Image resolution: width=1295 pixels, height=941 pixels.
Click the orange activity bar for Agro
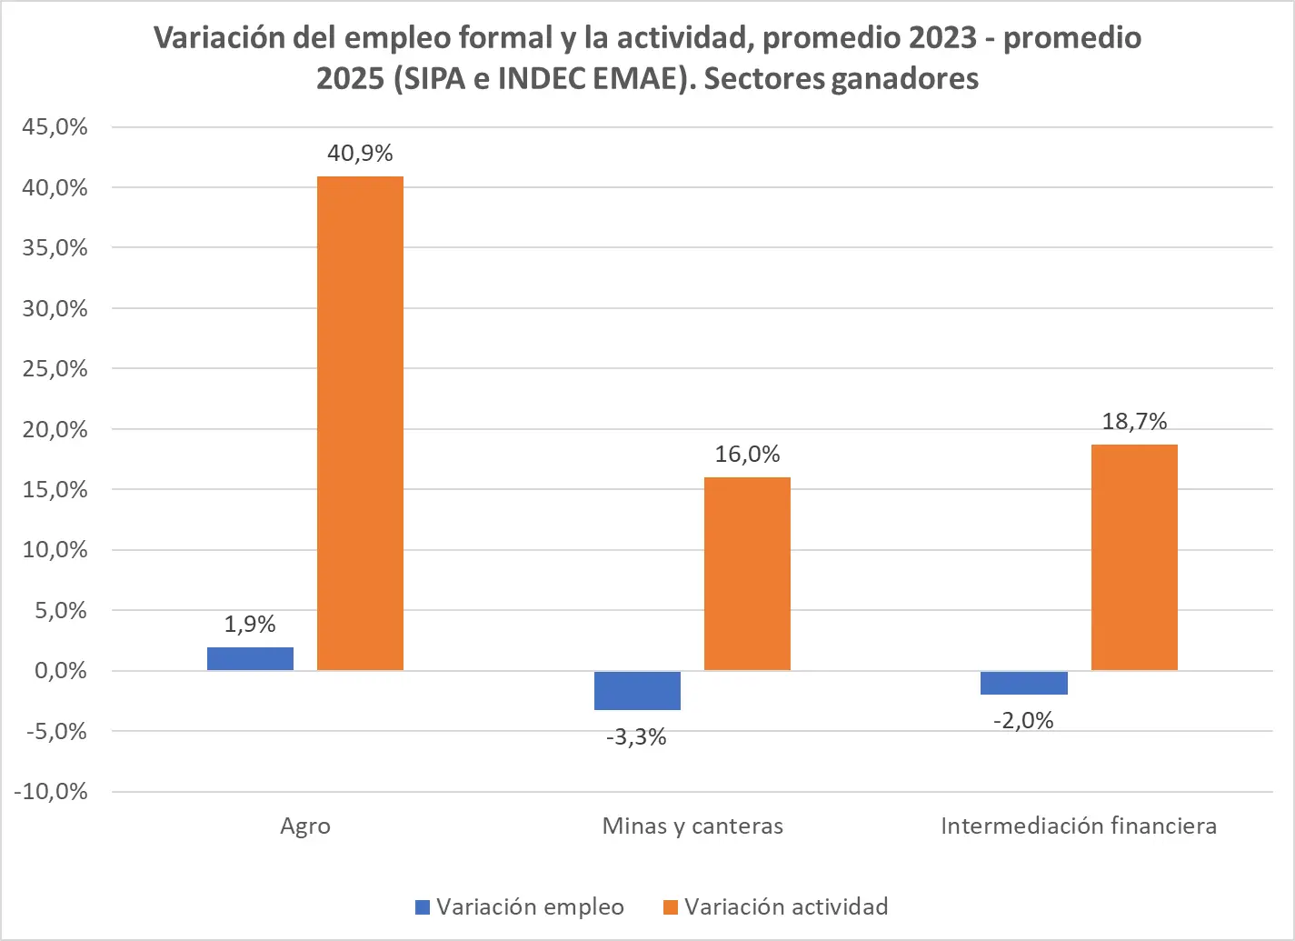coord(360,423)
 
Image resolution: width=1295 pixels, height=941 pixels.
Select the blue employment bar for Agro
coord(250,659)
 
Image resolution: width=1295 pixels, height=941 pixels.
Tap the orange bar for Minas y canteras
coord(747,574)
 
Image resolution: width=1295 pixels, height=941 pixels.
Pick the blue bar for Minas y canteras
coord(637,690)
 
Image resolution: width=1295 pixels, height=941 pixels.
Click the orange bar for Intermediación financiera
coord(1134,557)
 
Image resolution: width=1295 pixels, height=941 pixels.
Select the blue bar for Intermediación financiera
coord(1024,683)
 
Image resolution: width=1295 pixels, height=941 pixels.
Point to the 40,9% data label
coord(360,153)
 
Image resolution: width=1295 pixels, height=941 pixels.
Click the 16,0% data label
coord(747,454)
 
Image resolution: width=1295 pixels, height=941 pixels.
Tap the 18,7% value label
coord(1134,421)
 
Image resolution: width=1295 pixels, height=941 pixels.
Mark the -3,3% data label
coord(636,736)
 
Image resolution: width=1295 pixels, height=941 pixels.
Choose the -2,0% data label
coord(1023,721)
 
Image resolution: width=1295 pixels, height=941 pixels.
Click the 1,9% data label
coord(250,624)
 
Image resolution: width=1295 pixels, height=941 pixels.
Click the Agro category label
coord(305,826)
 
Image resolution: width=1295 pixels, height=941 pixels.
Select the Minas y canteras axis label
coord(692,826)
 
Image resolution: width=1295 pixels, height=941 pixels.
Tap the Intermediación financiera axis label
coord(1079,826)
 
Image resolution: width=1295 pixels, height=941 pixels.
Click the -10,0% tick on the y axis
coord(51,792)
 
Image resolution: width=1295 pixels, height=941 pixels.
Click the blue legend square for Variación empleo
coord(422,907)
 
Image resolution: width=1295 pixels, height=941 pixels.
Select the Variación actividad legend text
coord(786,907)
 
